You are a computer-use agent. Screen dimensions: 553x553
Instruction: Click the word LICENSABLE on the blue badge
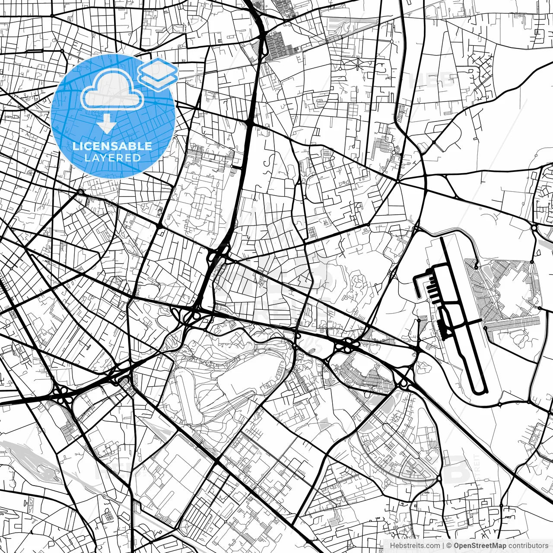(112, 146)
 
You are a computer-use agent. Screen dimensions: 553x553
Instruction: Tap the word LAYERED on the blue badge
(112, 158)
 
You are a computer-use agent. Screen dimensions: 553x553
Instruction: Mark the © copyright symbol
(449, 545)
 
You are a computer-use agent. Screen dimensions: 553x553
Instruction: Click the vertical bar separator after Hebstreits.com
(444, 545)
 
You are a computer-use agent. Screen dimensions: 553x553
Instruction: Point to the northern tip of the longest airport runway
(441, 238)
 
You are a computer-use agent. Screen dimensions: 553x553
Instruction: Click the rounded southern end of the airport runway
(480, 391)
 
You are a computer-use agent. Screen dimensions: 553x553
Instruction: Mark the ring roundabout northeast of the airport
(534, 227)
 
